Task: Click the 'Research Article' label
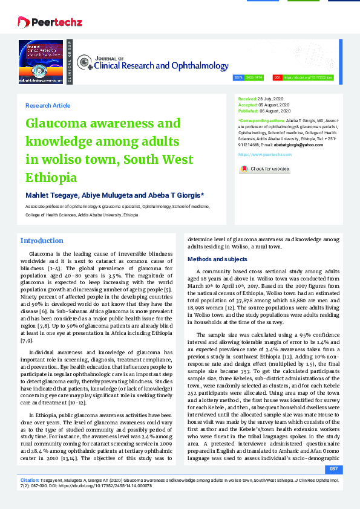pyautogui.click(x=48, y=105)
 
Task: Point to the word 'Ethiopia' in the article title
pyautogui.click(x=51, y=178)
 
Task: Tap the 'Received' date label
pyautogui.click(x=247, y=98)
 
